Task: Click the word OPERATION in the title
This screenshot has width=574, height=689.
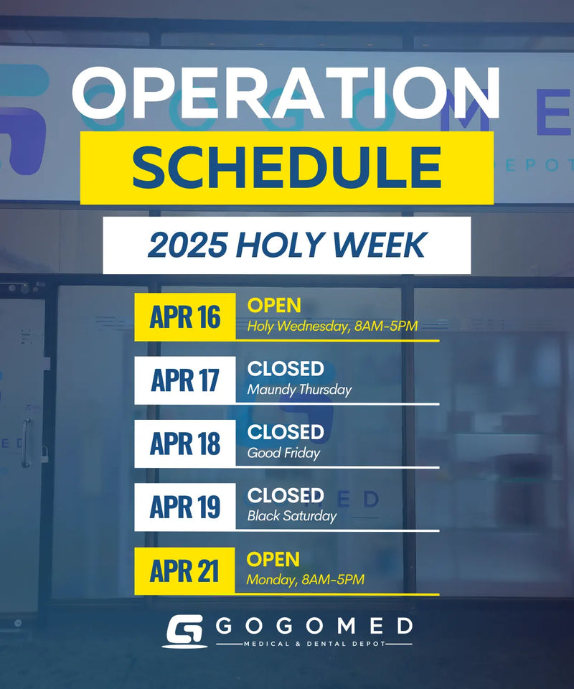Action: pos(286,93)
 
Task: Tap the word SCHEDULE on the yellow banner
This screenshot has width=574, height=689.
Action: pos(286,167)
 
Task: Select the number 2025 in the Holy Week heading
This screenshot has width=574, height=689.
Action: pos(187,245)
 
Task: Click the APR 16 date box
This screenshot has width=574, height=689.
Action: pos(185,317)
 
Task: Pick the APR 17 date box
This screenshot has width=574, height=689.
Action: pos(185,380)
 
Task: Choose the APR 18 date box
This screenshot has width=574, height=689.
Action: pos(185,444)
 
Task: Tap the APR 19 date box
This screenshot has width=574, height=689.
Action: pos(185,507)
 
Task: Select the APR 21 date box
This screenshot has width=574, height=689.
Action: pos(184,571)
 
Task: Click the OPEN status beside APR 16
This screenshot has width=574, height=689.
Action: pos(274,306)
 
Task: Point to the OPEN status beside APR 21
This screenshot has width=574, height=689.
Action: pos(273,559)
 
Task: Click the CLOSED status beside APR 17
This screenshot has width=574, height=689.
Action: pos(286,369)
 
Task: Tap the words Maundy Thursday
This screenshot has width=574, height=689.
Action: pos(299,390)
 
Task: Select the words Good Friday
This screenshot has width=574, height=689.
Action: pos(283,453)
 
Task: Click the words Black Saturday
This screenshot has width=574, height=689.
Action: pos(292,516)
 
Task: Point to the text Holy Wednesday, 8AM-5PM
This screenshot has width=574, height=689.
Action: pos(332,326)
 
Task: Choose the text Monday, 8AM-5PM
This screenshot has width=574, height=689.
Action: pos(305,580)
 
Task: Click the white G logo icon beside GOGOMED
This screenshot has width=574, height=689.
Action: pos(184,632)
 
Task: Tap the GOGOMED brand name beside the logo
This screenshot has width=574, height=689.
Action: pos(314,626)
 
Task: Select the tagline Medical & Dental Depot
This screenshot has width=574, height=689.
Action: pos(314,644)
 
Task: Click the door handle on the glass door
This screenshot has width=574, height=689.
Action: pos(27,443)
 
